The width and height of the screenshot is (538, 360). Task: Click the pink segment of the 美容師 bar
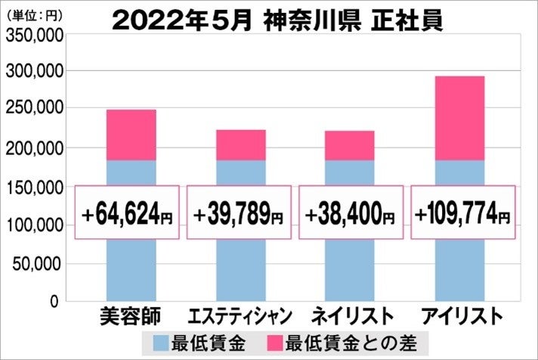[131, 135]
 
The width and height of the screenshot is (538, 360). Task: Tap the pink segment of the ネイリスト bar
[349, 145]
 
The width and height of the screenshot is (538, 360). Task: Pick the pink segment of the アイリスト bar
[459, 118]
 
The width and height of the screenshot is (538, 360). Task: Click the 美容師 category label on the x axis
[128, 315]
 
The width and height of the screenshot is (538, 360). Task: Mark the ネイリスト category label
[349, 315]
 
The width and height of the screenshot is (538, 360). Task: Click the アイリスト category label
[459, 315]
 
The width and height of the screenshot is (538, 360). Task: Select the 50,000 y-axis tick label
[38, 264]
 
